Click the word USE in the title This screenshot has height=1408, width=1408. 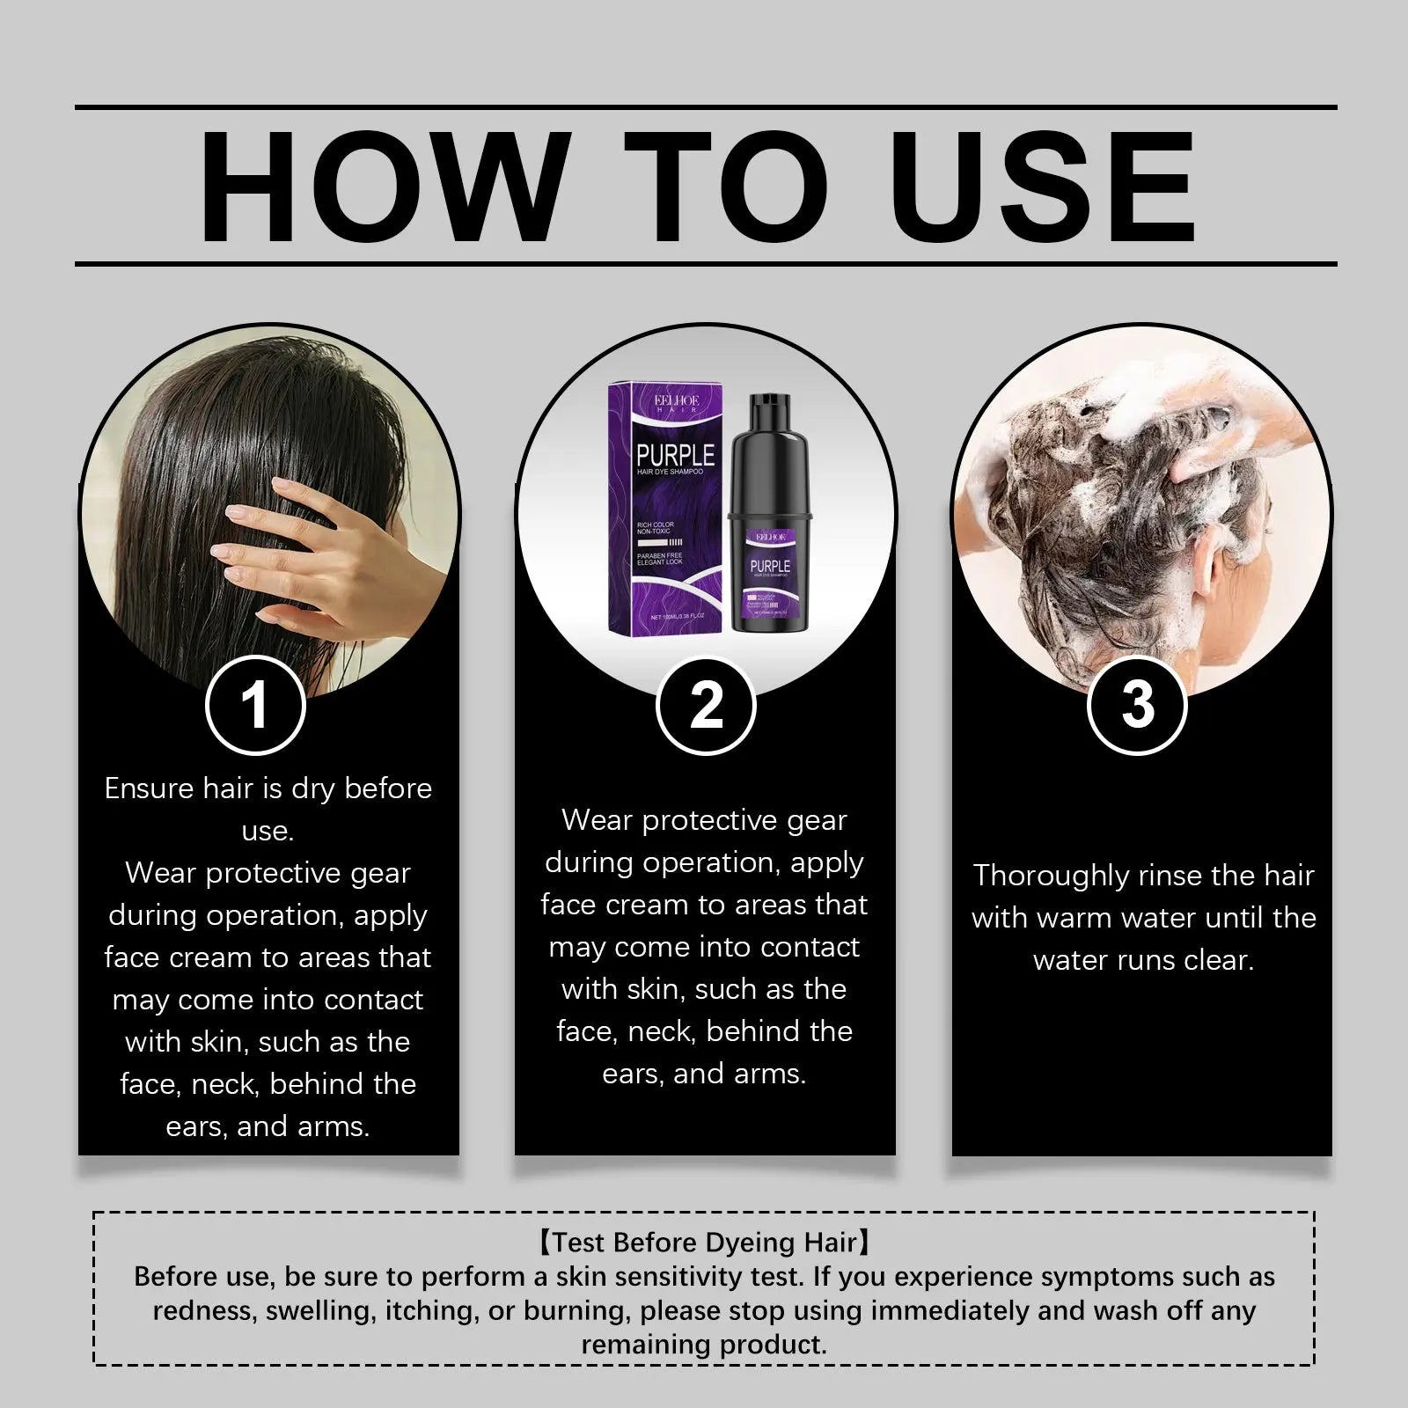(x=1046, y=187)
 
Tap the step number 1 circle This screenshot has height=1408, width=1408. (x=255, y=705)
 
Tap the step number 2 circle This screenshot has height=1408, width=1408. (x=706, y=705)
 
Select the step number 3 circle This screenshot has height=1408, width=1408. (x=1137, y=705)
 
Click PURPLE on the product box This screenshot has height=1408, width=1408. (x=675, y=455)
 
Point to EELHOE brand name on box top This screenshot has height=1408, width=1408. (x=676, y=400)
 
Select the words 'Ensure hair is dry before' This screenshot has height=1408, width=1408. (x=268, y=788)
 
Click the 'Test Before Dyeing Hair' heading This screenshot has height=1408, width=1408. (x=704, y=1242)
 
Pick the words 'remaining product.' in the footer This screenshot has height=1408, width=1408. (x=704, y=1345)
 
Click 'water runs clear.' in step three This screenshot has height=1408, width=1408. (x=1143, y=960)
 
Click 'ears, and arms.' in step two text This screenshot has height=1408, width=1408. (x=704, y=1074)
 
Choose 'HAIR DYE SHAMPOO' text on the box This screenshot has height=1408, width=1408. (x=670, y=473)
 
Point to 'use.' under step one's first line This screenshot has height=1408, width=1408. (x=268, y=831)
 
